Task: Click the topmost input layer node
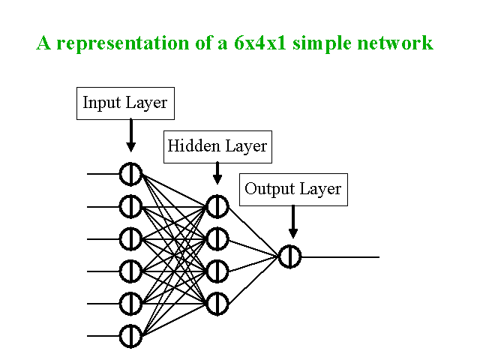[x=130, y=174]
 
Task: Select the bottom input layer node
[x=130, y=336]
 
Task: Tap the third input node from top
[x=130, y=238]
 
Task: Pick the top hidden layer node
[x=217, y=206]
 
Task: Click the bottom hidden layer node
[x=217, y=303]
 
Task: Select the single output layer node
[x=290, y=256]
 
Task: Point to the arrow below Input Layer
[x=131, y=136]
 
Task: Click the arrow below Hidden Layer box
[x=217, y=173]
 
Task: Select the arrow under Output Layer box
[x=293, y=222]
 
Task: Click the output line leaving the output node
[x=340, y=256]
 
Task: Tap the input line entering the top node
[x=103, y=174]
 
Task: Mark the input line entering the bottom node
[x=103, y=336]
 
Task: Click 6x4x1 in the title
[x=260, y=43]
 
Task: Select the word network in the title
[x=395, y=43]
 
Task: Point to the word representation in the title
[x=123, y=43]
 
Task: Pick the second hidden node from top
[x=217, y=238]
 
